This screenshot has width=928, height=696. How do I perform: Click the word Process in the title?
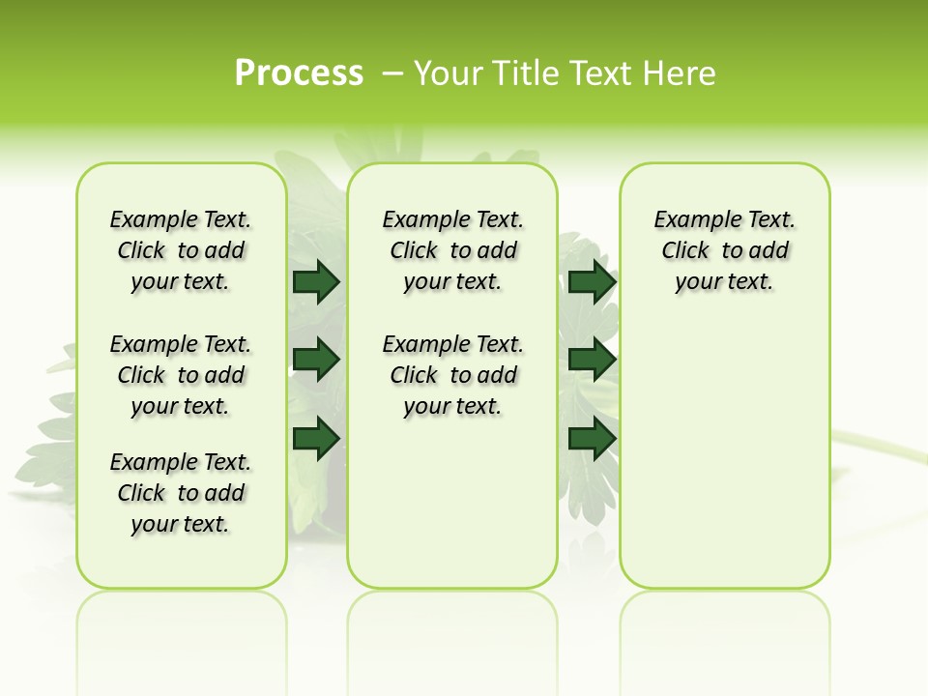pyautogui.click(x=299, y=73)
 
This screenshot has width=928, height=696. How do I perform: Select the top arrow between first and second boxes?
pyautogui.click(x=316, y=282)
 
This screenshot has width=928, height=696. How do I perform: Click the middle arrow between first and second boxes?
pyautogui.click(x=316, y=360)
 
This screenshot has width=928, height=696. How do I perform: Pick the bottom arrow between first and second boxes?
pyautogui.click(x=316, y=438)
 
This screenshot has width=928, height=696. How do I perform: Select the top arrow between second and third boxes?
pyautogui.click(x=592, y=282)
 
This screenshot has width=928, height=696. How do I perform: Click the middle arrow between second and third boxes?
pyautogui.click(x=592, y=360)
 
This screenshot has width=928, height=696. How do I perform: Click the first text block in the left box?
pyautogui.click(x=181, y=250)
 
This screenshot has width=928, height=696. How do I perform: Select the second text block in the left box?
pyautogui.click(x=181, y=375)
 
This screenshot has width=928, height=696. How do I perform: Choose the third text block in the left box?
pyautogui.click(x=181, y=493)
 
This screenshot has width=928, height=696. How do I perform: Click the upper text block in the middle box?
pyautogui.click(x=453, y=250)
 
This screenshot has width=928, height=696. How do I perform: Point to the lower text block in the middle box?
pyautogui.click(x=453, y=375)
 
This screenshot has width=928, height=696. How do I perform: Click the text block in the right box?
pyautogui.click(x=725, y=250)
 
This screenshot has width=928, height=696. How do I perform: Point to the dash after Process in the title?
pyautogui.click(x=392, y=73)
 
